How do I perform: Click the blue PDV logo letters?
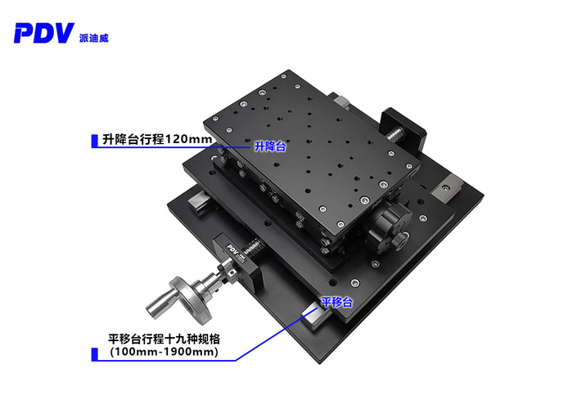pyautogui.click(x=43, y=33)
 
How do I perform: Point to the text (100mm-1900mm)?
pyautogui.click(x=164, y=353)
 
